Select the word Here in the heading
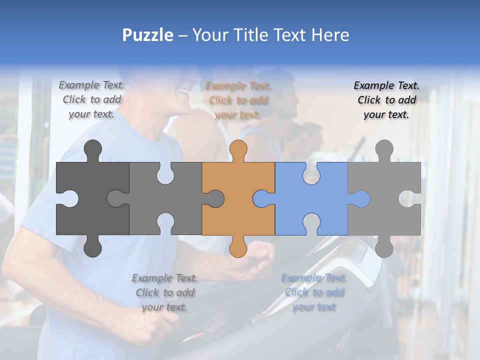click(330, 35)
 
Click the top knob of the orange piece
click(238, 150)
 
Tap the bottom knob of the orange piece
click(238, 247)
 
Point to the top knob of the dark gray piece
click(92, 150)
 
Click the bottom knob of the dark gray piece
click(92, 247)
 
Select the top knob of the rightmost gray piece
click(384, 150)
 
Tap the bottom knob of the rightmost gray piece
click(384, 247)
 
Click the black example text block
click(386, 100)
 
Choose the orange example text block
click(238, 100)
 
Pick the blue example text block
click(314, 292)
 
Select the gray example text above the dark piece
click(92, 99)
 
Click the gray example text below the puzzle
click(164, 292)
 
